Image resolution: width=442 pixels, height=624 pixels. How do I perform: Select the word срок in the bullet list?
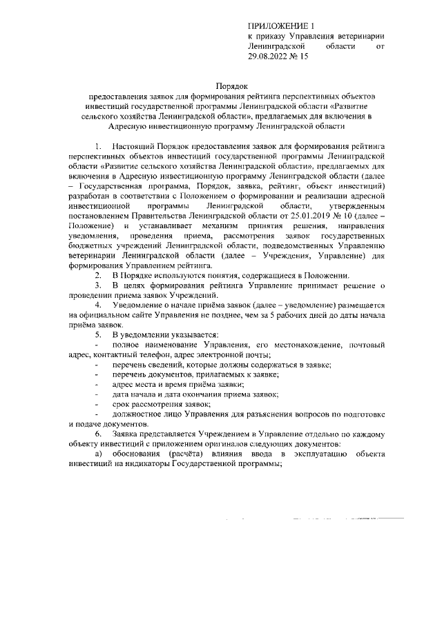(123, 403)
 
